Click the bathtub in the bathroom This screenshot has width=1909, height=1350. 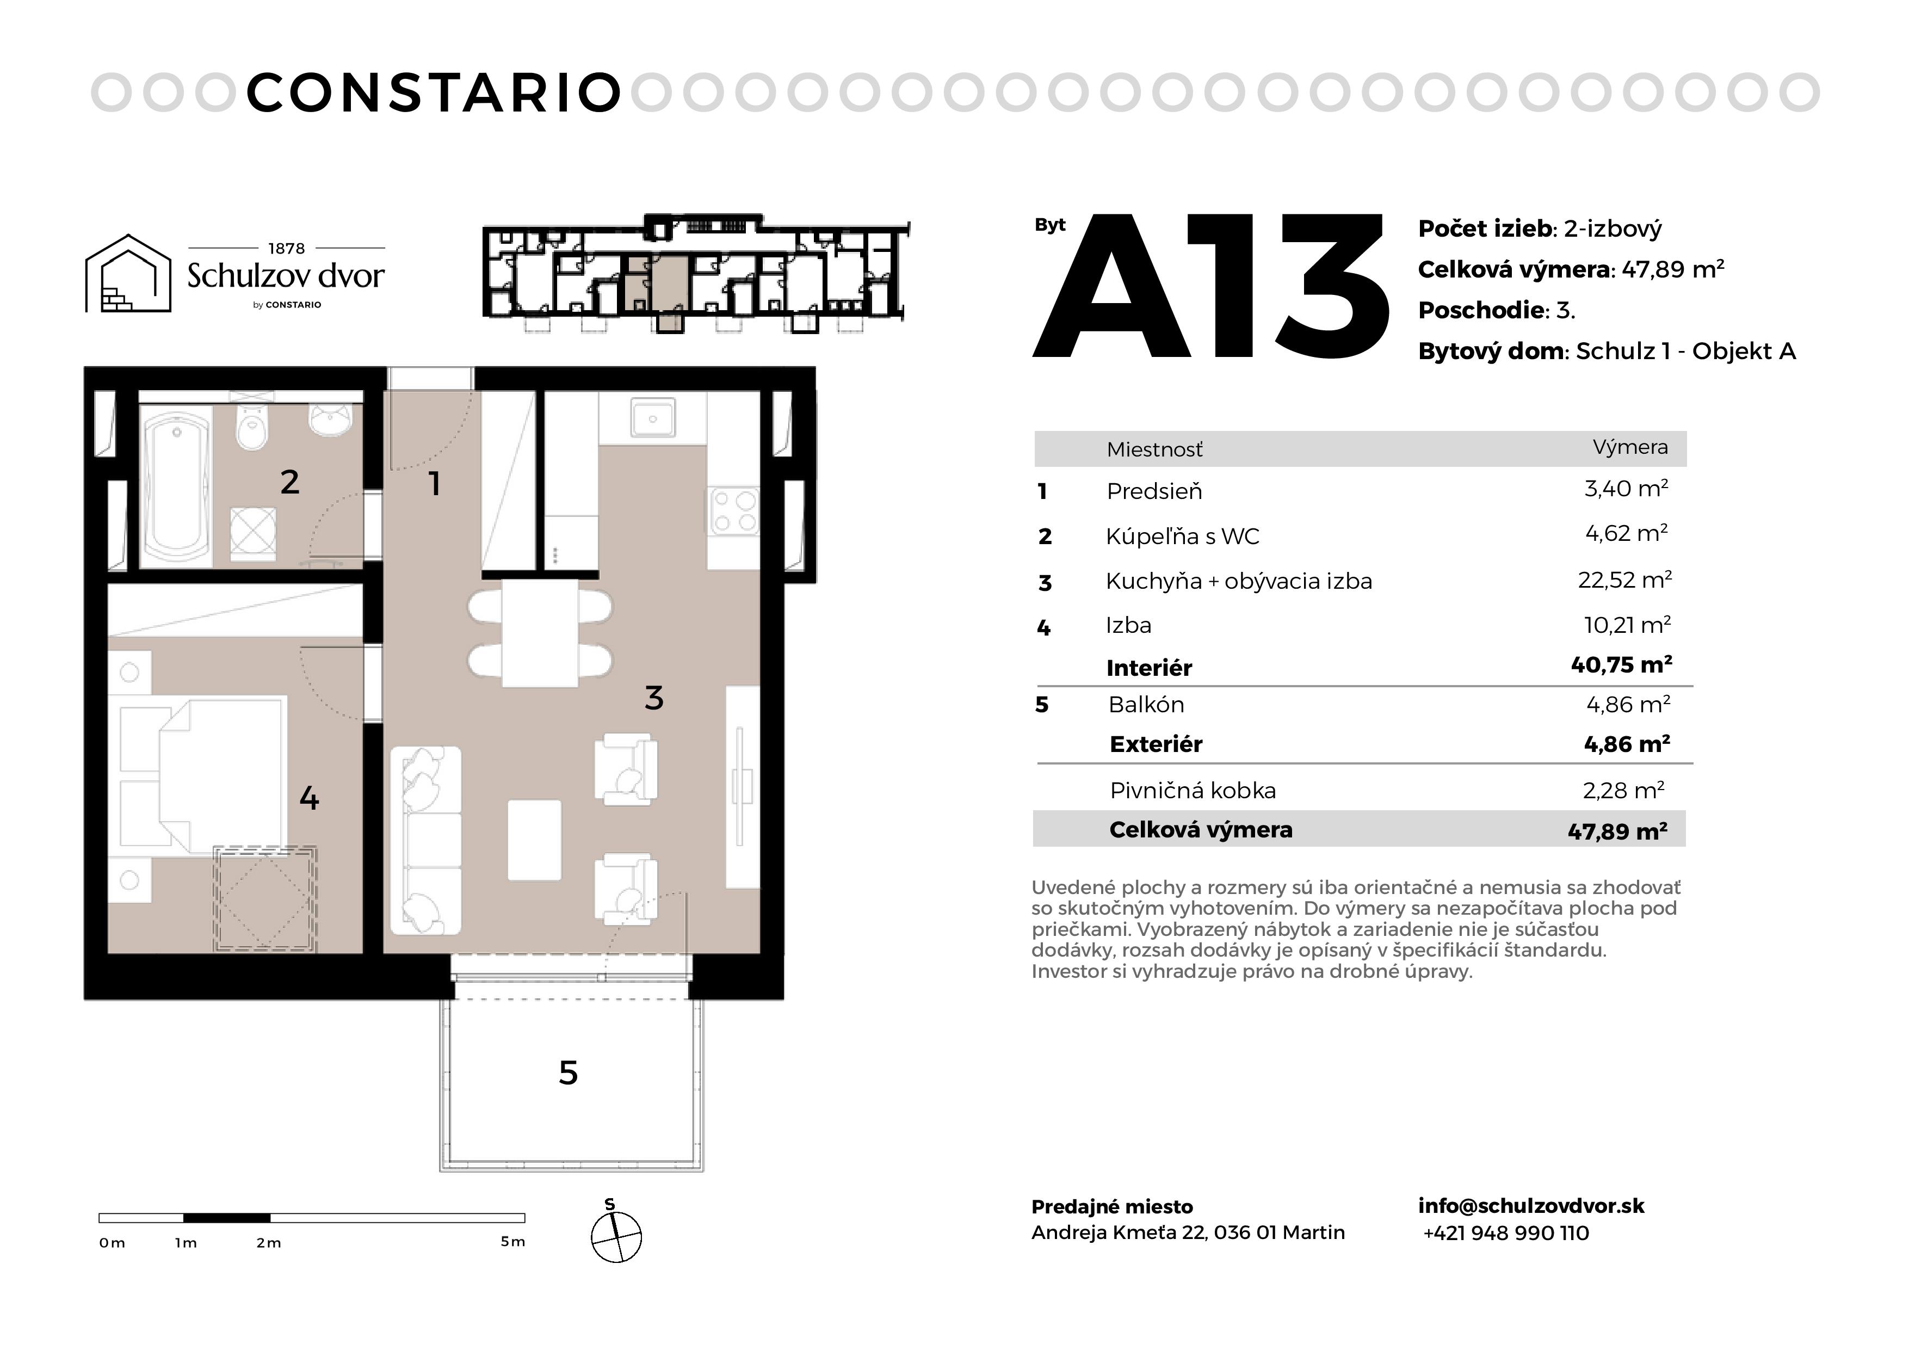coord(177,485)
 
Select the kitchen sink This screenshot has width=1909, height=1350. coord(653,417)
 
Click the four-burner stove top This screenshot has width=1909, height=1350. coord(733,511)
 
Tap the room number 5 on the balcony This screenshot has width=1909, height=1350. coord(568,1073)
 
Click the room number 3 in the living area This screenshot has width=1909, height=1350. coord(654,698)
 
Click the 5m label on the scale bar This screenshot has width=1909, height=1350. coord(513,1242)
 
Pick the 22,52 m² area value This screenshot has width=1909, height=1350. coord(1624,579)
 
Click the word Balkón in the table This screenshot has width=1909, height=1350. coord(1146,705)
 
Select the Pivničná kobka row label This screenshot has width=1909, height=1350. coord(1193,790)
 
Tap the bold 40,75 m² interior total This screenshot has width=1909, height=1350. coord(1621,664)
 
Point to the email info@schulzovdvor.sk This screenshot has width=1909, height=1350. coord(1531,1205)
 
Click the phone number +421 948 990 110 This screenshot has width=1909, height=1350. coord(1506,1232)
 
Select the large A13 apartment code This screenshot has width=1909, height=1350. coord(1210,286)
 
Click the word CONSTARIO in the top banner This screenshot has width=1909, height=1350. coord(434,93)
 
